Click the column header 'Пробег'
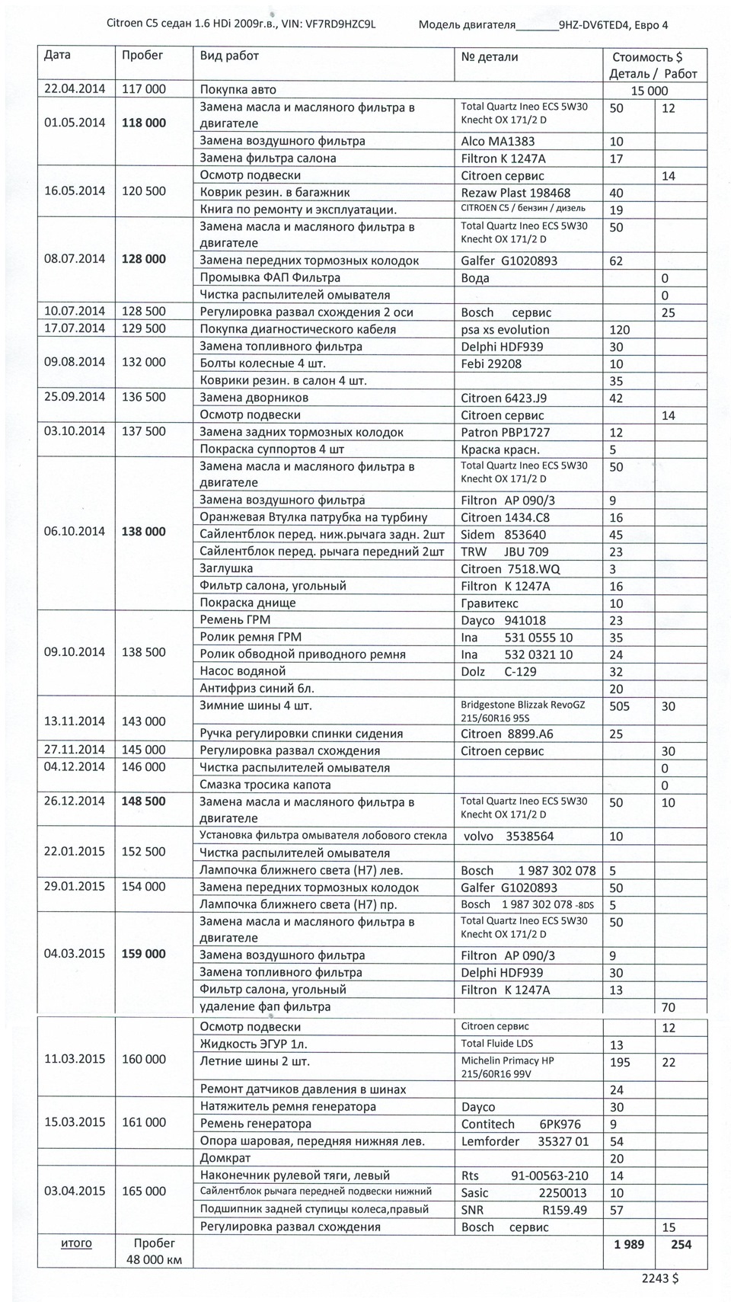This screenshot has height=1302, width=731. point(142,56)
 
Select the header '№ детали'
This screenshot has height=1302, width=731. point(490,57)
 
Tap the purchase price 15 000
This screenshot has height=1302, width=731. point(654,91)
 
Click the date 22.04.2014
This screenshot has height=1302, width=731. point(75,89)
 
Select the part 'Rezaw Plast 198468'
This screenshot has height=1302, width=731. point(516,193)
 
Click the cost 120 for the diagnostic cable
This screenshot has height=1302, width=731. point(621,330)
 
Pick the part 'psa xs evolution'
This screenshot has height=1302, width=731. point(505,330)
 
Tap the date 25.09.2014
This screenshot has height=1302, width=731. point(75,397)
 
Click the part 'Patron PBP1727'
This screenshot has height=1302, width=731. point(506,432)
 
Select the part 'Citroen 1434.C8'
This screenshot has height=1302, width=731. point(505,517)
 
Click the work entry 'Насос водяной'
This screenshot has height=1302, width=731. point(242,671)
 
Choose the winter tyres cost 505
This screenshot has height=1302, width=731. point(620,706)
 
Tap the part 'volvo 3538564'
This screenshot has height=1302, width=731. point(509,836)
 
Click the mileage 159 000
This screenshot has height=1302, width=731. point(143,954)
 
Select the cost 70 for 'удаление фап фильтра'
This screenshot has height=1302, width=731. point(669,1007)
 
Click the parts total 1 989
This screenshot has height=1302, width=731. point(628,1244)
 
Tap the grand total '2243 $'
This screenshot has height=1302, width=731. point(659,1278)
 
